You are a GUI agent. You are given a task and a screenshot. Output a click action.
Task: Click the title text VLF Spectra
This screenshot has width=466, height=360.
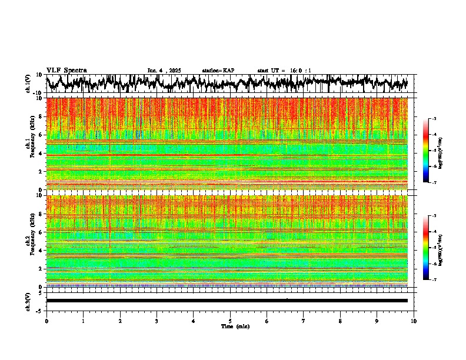click(x=66, y=70)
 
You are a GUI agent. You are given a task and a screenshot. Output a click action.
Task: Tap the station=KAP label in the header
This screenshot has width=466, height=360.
click(x=218, y=71)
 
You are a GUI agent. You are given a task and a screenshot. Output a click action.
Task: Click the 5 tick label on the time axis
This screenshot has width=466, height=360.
click(x=230, y=321)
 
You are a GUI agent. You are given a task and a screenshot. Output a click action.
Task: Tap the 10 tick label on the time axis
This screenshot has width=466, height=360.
click(x=414, y=321)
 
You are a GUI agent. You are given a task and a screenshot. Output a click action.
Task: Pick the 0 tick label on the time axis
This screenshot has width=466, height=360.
click(x=46, y=321)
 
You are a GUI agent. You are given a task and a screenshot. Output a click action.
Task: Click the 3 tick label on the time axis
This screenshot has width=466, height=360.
click(x=157, y=321)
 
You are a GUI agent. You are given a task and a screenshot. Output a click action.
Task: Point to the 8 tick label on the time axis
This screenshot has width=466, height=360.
click(x=340, y=321)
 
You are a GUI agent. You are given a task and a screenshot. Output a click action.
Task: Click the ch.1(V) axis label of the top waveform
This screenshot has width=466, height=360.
click(x=28, y=83)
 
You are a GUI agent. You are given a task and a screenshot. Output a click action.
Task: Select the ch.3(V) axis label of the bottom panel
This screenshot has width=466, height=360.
click(x=28, y=301)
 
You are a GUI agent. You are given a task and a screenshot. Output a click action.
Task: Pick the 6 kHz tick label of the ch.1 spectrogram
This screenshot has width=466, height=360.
click(x=41, y=135)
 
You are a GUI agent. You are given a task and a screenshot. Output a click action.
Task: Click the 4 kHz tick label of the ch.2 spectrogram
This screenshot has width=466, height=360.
click(x=41, y=250)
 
